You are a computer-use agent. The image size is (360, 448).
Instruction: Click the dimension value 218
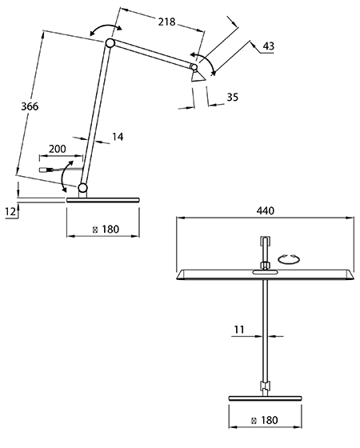(x=166, y=22)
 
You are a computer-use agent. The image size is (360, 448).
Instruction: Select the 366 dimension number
(x=30, y=106)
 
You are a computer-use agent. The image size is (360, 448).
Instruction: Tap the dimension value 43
(x=268, y=46)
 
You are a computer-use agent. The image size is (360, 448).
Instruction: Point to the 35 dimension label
(x=232, y=97)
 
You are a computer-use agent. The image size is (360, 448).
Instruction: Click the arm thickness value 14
(x=118, y=137)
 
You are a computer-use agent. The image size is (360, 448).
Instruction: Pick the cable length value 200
(x=58, y=149)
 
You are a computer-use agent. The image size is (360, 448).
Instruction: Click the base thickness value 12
(x=10, y=212)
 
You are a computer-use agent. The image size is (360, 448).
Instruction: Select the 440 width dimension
(x=265, y=211)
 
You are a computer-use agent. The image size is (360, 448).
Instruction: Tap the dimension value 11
(x=239, y=330)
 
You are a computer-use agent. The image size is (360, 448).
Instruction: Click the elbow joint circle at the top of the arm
(x=110, y=43)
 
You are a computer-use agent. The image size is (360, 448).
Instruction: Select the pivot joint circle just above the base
(x=82, y=188)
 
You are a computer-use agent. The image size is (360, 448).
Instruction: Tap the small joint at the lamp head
(x=194, y=67)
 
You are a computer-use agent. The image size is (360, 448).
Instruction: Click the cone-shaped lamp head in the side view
(x=198, y=76)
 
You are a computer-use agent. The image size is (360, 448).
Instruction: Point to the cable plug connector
(x=45, y=170)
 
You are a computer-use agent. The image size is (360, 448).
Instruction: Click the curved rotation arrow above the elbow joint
(x=106, y=28)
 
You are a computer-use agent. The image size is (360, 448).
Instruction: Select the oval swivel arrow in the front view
(x=289, y=259)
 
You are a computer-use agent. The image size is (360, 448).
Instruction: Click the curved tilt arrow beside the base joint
(x=66, y=176)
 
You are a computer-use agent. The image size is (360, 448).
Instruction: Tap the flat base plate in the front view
(x=265, y=398)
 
